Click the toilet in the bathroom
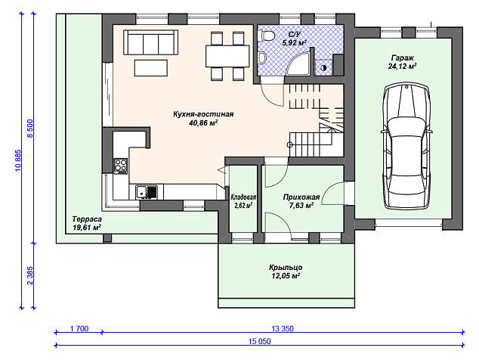tap(267, 36)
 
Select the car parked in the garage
tap(406, 147)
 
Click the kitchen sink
tap(147, 192)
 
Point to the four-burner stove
tap(120, 166)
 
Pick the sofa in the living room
tap(150, 42)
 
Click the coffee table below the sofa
tap(150, 68)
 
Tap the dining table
tap(227, 56)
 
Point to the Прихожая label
tap(301, 197)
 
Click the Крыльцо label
tap(286, 267)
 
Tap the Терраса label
tap(87, 219)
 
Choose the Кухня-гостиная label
tap(203, 114)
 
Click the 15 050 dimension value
tap(259, 341)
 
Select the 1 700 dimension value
tap(79, 328)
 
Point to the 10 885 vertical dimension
tap(17, 160)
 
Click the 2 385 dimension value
tap(30, 275)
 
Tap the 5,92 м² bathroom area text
tap(294, 42)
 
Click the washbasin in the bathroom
tap(262, 57)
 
